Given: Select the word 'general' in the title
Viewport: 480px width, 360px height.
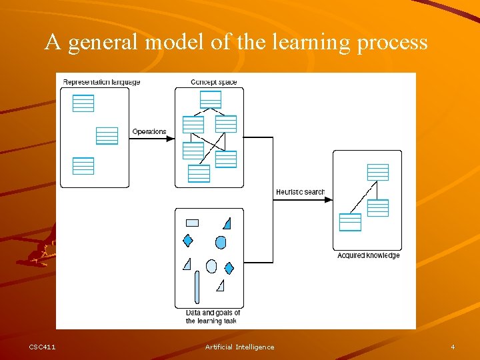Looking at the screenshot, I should coord(102,43).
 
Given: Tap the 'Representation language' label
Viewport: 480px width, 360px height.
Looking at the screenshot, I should coord(101,83).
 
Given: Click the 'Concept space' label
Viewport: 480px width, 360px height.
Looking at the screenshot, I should coord(213,83).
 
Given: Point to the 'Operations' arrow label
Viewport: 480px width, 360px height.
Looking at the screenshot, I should coord(149,132).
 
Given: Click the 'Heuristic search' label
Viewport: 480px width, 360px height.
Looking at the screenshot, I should coord(300,193).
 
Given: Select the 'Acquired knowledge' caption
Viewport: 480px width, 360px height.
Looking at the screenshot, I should coord(368,255).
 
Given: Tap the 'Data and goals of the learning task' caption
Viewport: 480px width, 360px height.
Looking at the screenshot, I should coord(212,317).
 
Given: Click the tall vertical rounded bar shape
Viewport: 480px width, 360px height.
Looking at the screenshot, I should coord(197,287).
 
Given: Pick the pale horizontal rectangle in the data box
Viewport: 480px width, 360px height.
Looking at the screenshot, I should coord(192,223).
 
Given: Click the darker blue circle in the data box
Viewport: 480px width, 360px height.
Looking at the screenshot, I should coord(221,242).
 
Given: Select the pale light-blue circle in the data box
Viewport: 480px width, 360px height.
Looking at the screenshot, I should coord(211,266).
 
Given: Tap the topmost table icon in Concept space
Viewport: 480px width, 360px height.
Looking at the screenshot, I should coord(211,99).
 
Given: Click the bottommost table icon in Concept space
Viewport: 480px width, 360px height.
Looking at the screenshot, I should coord(199,173).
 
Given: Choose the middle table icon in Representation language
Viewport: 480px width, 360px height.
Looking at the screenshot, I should coord(107,135).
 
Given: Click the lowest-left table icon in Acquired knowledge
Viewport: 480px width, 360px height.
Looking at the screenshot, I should coord(350,222).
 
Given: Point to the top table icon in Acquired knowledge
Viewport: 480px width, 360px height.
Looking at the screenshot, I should coord(378,172).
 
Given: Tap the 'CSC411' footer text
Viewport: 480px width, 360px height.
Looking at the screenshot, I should coord(43,347).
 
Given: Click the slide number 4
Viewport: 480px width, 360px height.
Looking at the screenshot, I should coord(453,347).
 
